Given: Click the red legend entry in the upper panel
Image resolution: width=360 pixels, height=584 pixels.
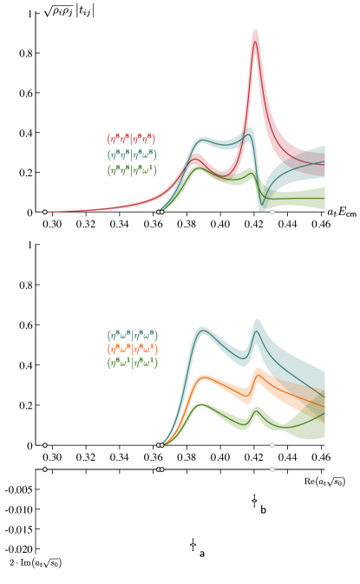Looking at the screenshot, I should (x=131, y=139).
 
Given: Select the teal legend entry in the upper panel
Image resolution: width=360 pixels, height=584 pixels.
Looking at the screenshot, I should (x=131, y=154).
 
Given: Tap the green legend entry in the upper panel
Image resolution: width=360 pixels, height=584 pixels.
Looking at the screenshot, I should (x=131, y=170).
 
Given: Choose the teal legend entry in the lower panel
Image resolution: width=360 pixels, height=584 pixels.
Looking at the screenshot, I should (x=132, y=335).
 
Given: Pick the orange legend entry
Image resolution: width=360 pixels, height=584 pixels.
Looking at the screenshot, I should (x=132, y=349).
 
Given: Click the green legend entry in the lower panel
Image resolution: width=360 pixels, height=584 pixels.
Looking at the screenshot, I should (x=132, y=363).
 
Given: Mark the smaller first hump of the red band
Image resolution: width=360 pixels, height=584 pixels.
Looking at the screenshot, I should (x=197, y=159).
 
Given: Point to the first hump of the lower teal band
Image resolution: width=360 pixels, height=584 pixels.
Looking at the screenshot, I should (x=203, y=331).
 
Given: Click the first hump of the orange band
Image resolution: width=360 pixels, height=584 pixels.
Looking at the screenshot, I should (x=204, y=379).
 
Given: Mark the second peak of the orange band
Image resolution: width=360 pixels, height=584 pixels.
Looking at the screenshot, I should (x=258, y=372).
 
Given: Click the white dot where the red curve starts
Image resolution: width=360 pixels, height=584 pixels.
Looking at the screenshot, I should (x=45, y=212).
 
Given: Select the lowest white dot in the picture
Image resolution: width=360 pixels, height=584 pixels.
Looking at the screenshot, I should (x=193, y=544).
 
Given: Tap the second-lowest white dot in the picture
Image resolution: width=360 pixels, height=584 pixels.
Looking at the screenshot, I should (x=254, y=501).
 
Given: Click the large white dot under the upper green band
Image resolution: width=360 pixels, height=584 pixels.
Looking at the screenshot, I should (x=272, y=212).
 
